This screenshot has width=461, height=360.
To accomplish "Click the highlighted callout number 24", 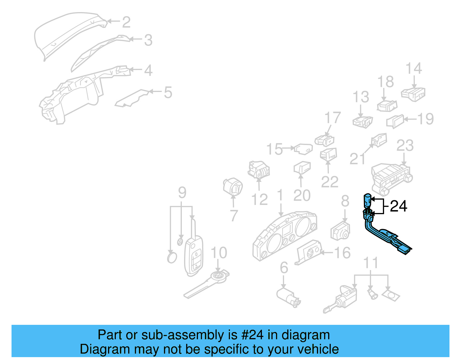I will (x=398, y=206).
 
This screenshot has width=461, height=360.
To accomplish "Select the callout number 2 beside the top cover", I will (x=126, y=22).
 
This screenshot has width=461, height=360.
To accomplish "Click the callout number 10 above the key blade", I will (x=219, y=253).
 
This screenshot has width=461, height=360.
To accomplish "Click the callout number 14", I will (x=413, y=69).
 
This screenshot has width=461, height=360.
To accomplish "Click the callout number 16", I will (x=342, y=253).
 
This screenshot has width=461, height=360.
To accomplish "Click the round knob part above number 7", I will (x=233, y=186).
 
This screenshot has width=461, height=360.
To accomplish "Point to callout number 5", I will (x=168, y=93).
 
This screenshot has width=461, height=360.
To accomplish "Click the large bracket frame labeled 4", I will (x=72, y=95).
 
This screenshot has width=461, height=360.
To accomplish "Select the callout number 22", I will (x=330, y=182).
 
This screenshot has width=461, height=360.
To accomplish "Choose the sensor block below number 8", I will (x=340, y=231).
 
